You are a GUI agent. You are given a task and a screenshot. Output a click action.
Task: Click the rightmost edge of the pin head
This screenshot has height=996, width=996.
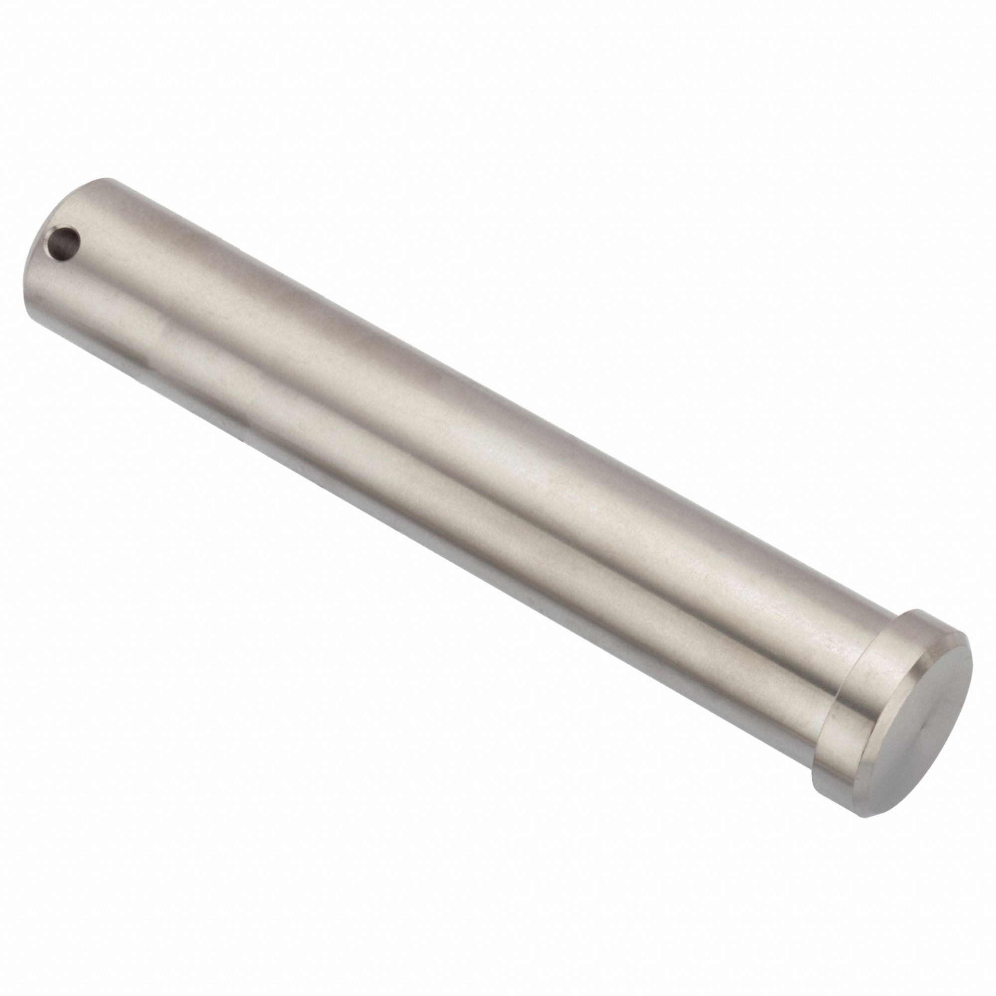click(972, 665)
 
